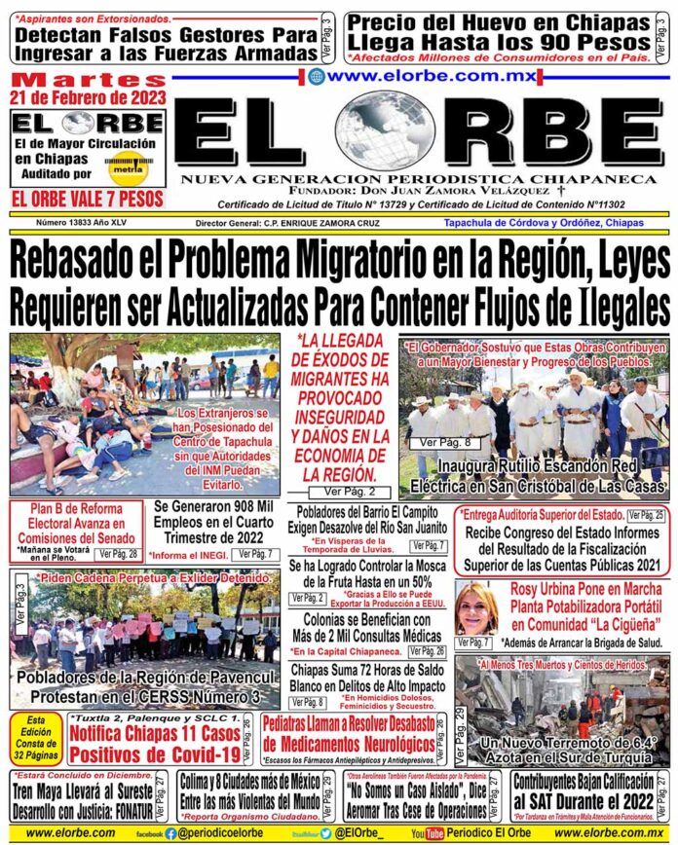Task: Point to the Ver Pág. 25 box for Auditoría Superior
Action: pyautogui.click(x=646, y=514)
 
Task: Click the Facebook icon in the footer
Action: pyautogui.click(x=170, y=833)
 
